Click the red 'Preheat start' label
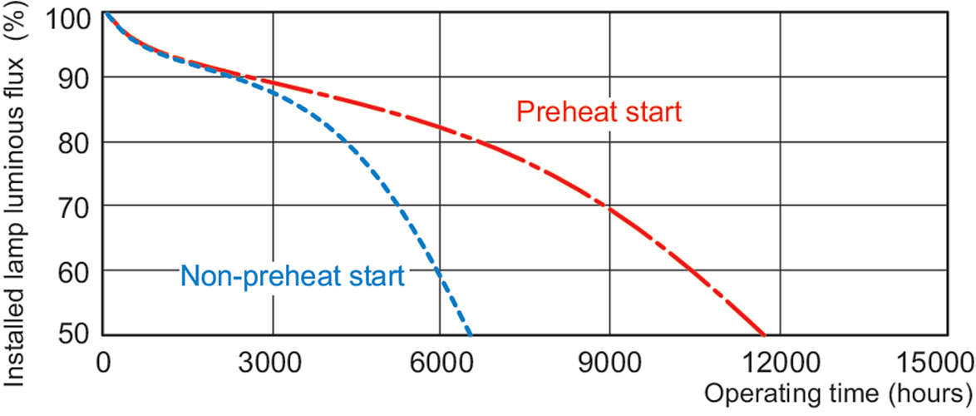click(x=599, y=112)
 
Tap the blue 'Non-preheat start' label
click(x=292, y=275)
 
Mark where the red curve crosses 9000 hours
click(x=609, y=208)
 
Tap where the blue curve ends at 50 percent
click(x=471, y=334)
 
